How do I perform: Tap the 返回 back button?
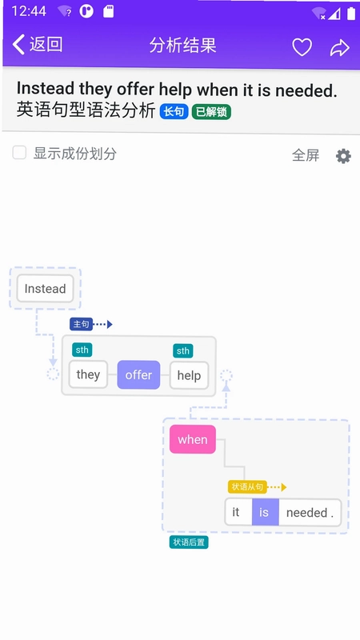click(38, 45)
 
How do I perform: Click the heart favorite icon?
click(302, 47)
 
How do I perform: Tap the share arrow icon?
click(339, 48)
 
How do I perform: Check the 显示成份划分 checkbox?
click(19, 153)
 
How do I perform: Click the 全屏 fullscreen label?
click(306, 155)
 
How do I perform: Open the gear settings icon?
click(343, 156)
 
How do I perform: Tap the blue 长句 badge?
click(174, 111)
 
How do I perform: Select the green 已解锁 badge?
click(211, 111)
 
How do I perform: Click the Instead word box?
click(45, 289)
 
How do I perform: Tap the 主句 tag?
click(82, 324)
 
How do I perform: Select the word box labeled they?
click(88, 374)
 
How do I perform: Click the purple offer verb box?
click(138, 374)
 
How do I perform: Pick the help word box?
click(189, 375)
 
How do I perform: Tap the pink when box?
click(193, 439)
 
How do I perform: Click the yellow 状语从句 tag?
click(247, 486)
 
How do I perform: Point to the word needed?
click(307, 513)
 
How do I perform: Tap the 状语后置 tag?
click(189, 542)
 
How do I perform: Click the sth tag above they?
click(82, 350)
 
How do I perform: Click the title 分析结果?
click(182, 46)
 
